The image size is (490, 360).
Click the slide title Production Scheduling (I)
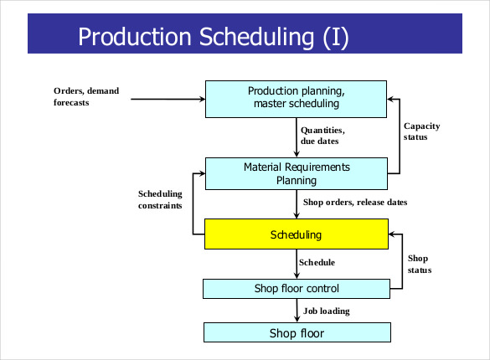[213, 36]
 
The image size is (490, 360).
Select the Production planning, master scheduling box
[296, 97]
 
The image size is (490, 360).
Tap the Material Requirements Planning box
[296, 173]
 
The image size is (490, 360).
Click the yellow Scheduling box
[296, 234]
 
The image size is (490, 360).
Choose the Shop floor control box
[296, 289]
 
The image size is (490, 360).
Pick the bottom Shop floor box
[296, 333]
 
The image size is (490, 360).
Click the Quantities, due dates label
[323, 136]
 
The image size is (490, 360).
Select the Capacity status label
[421, 131]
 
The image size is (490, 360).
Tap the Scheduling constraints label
[160, 199]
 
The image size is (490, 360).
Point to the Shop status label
[420, 264]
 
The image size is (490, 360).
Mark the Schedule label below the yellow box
[317, 263]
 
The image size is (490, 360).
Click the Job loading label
[326, 311]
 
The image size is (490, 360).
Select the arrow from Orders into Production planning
[168, 99]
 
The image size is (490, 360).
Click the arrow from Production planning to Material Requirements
[297, 136]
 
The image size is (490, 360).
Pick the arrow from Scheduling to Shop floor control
[297, 265]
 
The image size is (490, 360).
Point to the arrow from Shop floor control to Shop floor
[297, 311]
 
